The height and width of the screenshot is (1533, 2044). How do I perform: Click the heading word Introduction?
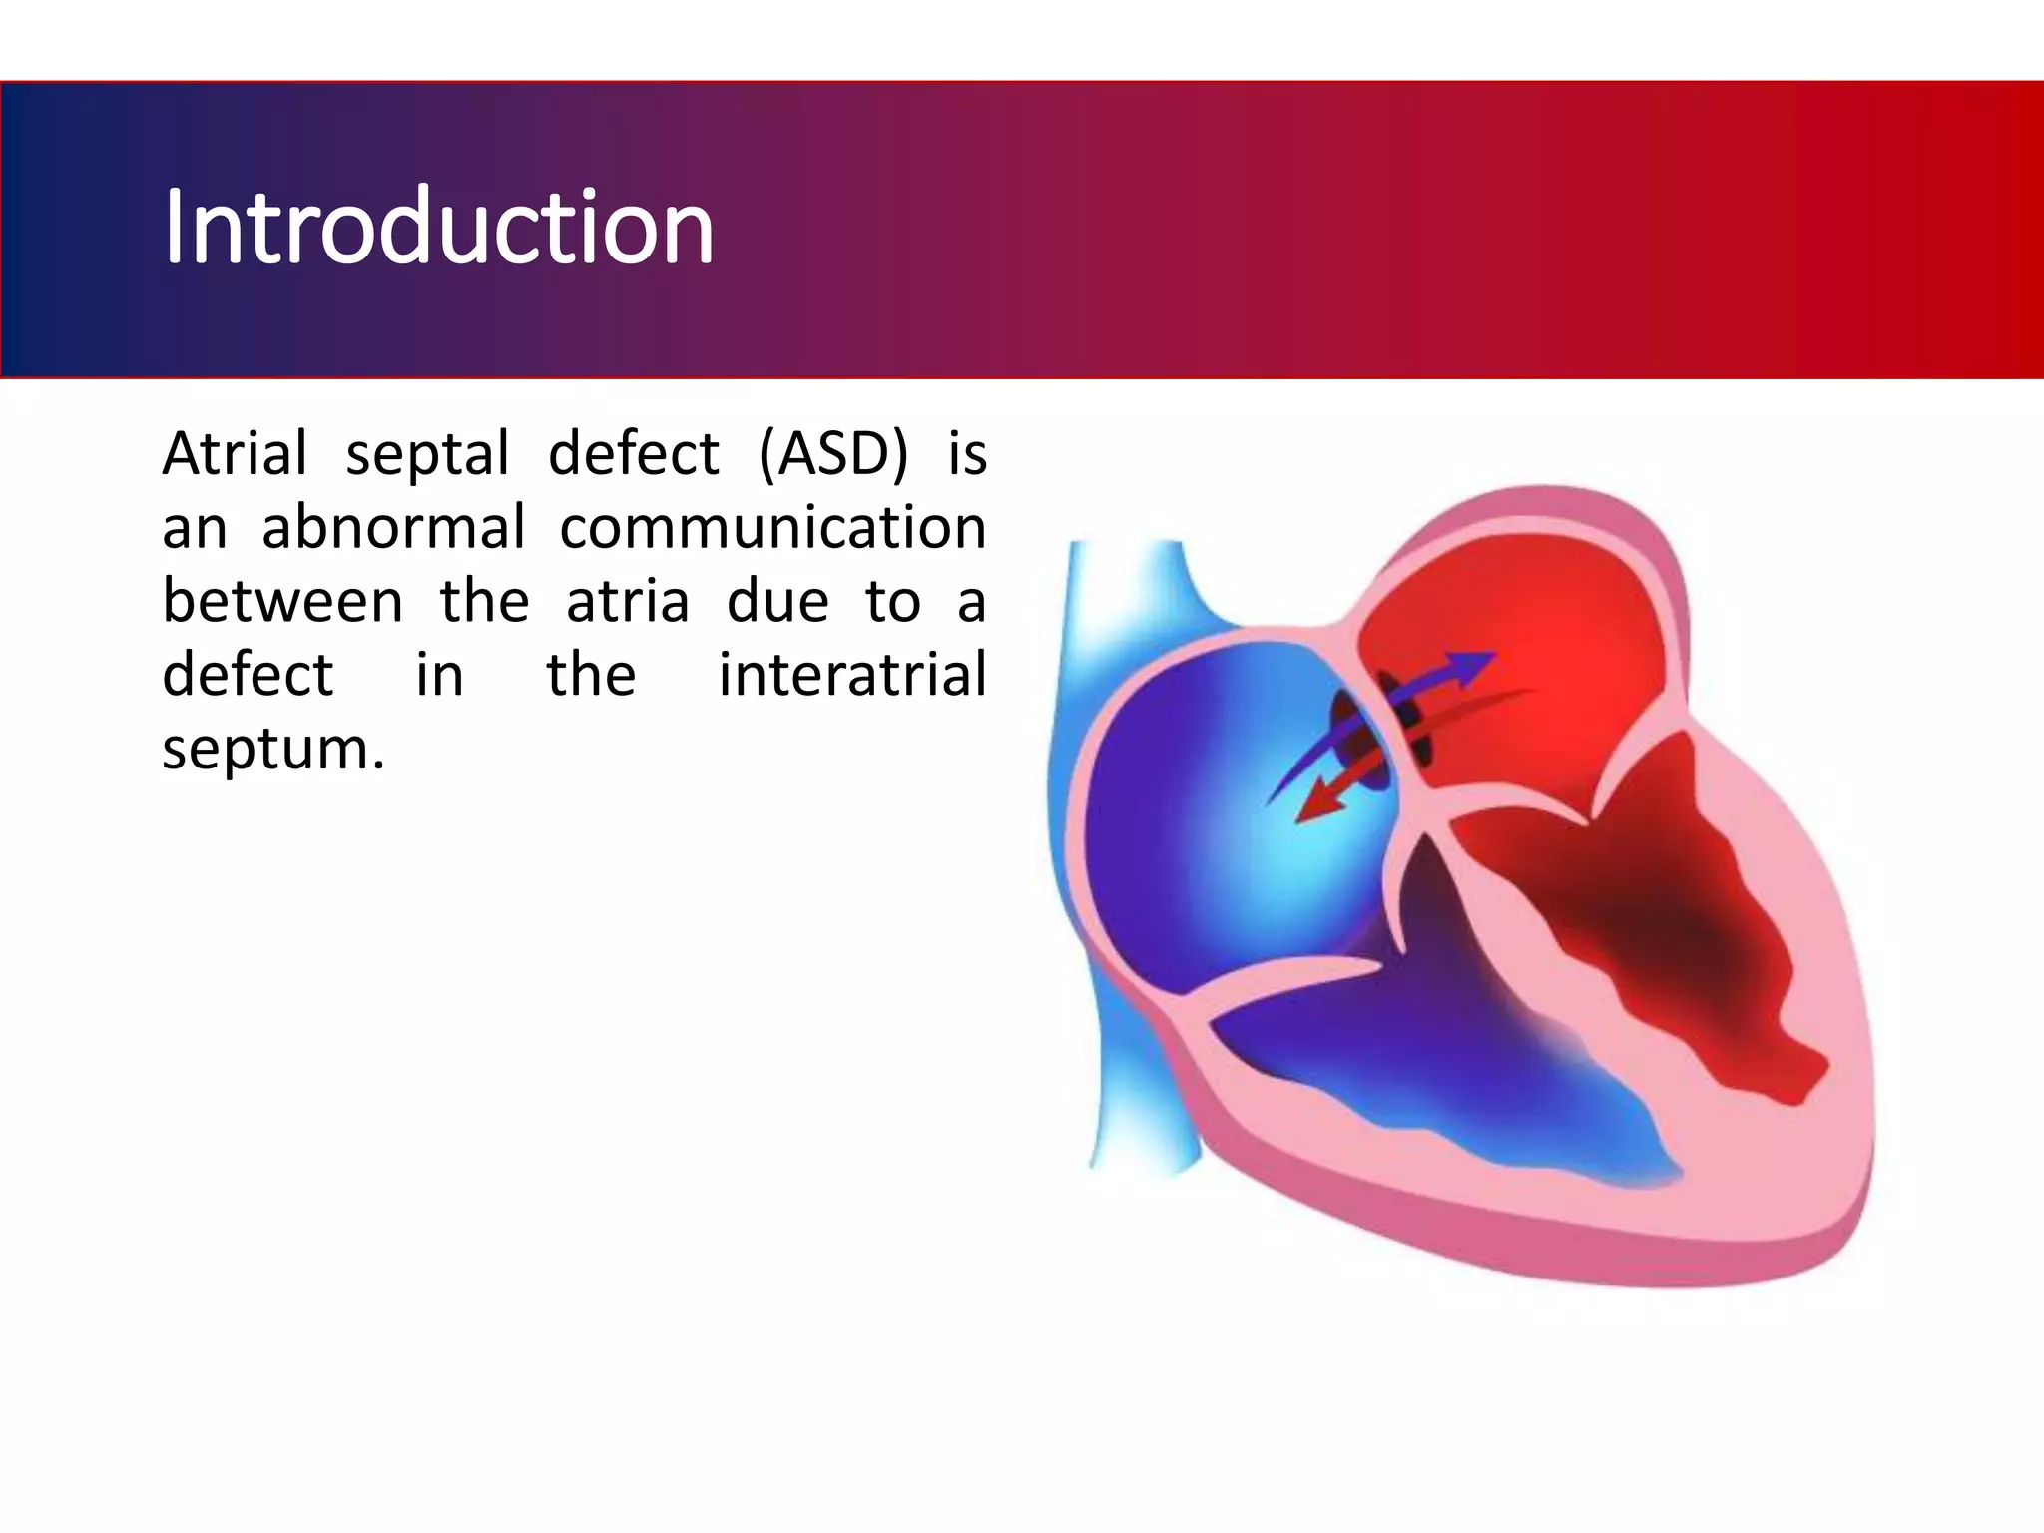tap(438, 228)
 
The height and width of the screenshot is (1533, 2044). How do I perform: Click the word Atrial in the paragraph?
tap(235, 454)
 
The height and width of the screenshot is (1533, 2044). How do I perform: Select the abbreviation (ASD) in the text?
tap(833, 454)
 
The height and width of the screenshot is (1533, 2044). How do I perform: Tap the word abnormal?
tap(392, 527)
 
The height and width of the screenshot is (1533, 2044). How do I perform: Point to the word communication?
tap(772, 527)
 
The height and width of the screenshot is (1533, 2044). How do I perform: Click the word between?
tap(282, 601)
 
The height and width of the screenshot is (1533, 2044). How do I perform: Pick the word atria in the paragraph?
tap(628, 601)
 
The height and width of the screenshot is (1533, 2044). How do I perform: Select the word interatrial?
tap(852, 675)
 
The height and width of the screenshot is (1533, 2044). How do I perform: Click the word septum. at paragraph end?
tap(272, 749)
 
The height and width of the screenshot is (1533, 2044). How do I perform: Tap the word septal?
tap(427, 454)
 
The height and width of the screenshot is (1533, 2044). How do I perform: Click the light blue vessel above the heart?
tap(1128, 589)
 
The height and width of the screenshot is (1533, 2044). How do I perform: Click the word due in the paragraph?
tap(777, 601)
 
